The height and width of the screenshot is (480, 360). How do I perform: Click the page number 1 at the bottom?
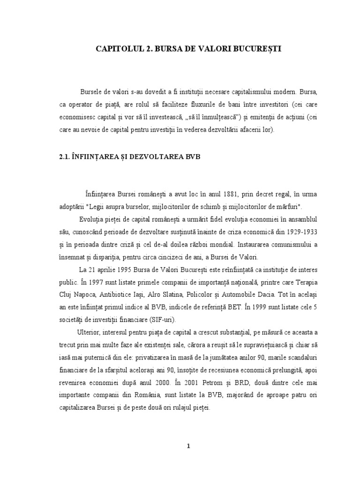(x=187, y=446)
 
